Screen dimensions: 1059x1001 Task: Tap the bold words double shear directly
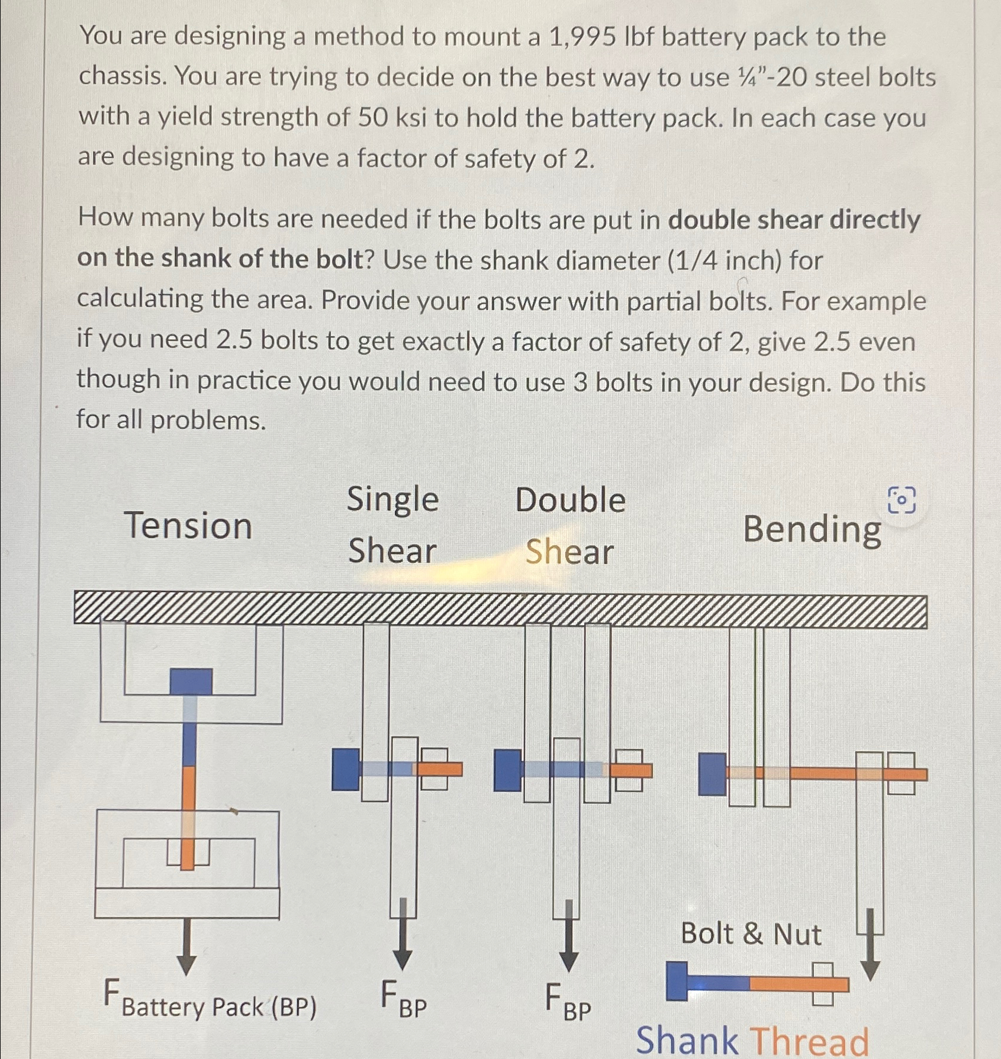point(794,220)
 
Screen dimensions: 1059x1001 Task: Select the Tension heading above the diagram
point(188,526)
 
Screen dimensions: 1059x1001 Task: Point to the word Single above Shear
point(392,499)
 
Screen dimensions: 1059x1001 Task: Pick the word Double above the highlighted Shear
point(570,500)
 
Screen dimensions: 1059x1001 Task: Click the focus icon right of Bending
point(902,501)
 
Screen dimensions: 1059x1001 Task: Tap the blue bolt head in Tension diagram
point(191,681)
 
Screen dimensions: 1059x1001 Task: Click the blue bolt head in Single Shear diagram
point(346,769)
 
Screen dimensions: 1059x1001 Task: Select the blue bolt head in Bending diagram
point(712,774)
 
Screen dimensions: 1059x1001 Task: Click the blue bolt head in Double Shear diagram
point(507,770)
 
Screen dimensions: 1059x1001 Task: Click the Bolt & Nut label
point(751,934)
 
